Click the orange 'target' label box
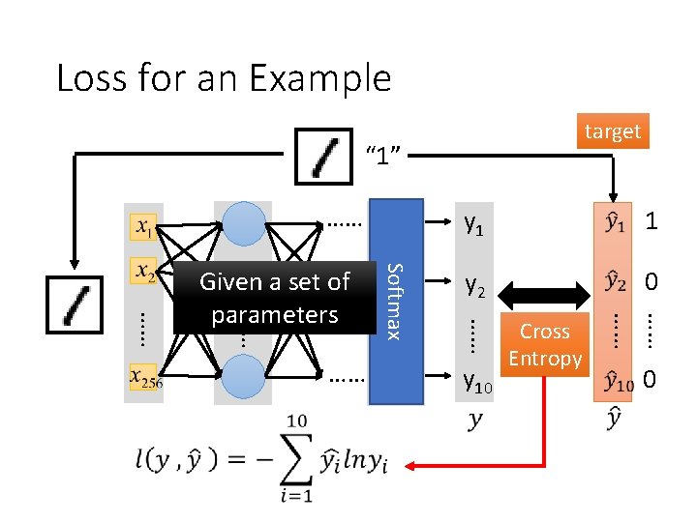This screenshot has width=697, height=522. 613,130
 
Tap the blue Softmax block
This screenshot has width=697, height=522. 397,301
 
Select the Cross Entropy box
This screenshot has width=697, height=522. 545,344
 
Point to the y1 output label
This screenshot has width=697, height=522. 474,224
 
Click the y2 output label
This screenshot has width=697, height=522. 474,284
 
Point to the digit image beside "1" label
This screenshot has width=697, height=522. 324,155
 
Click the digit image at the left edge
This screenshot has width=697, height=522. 74,304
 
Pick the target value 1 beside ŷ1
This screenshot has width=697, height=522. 652,221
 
